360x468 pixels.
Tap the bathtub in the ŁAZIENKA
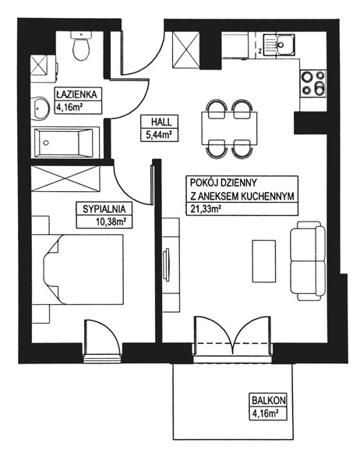tap(67, 143)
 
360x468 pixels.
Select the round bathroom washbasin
tap(40, 108)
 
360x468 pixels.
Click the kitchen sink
tap(279, 44)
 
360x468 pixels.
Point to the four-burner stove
tap(313, 84)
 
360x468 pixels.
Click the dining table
tap(229, 128)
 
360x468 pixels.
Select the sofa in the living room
tap(308, 261)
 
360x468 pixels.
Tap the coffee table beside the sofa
tap(264, 261)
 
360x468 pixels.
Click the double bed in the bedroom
tap(83, 269)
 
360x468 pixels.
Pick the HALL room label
tap(161, 122)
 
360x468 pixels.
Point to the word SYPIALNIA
tap(104, 209)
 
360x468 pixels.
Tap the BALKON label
tap(269, 400)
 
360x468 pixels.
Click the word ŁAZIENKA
tap(77, 94)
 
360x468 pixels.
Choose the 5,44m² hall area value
tap(159, 135)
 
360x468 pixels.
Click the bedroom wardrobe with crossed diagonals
tap(65, 179)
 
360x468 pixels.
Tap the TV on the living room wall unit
tap(166, 264)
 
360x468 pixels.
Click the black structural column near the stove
tap(310, 123)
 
